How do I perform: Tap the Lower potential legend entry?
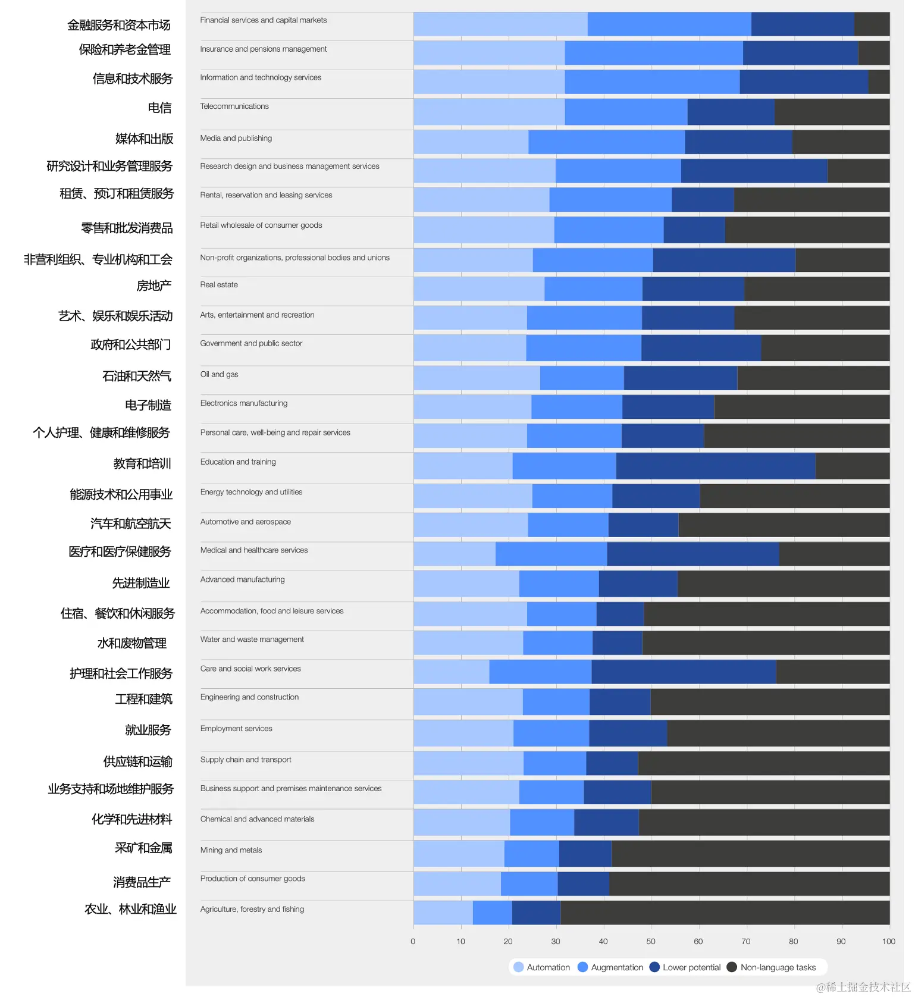[x=685, y=967]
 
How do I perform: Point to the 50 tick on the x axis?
[x=651, y=941]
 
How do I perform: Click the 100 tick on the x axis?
[x=889, y=941]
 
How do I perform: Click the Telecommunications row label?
[x=234, y=106]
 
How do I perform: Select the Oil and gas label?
[x=219, y=374]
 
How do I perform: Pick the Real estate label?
[x=219, y=285]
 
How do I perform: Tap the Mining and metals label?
[x=231, y=850]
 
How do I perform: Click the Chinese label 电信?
[x=159, y=108]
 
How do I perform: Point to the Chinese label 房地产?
[x=153, y=286]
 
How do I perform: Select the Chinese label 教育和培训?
[x=142, y=463]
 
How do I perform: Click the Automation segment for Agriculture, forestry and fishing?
[x=443, y=913]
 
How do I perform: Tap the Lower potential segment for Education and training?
[x=716, y=466]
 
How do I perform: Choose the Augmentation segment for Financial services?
[x=669, y=24]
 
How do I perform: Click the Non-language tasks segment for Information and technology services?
[x=879, y=81]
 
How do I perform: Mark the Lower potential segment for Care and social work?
[x=684, y=672]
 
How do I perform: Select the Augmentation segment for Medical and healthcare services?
[x=551, y=554]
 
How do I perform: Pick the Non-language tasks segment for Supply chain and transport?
[x=764, y=763]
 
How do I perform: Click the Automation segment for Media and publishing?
[x=471, y=142]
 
